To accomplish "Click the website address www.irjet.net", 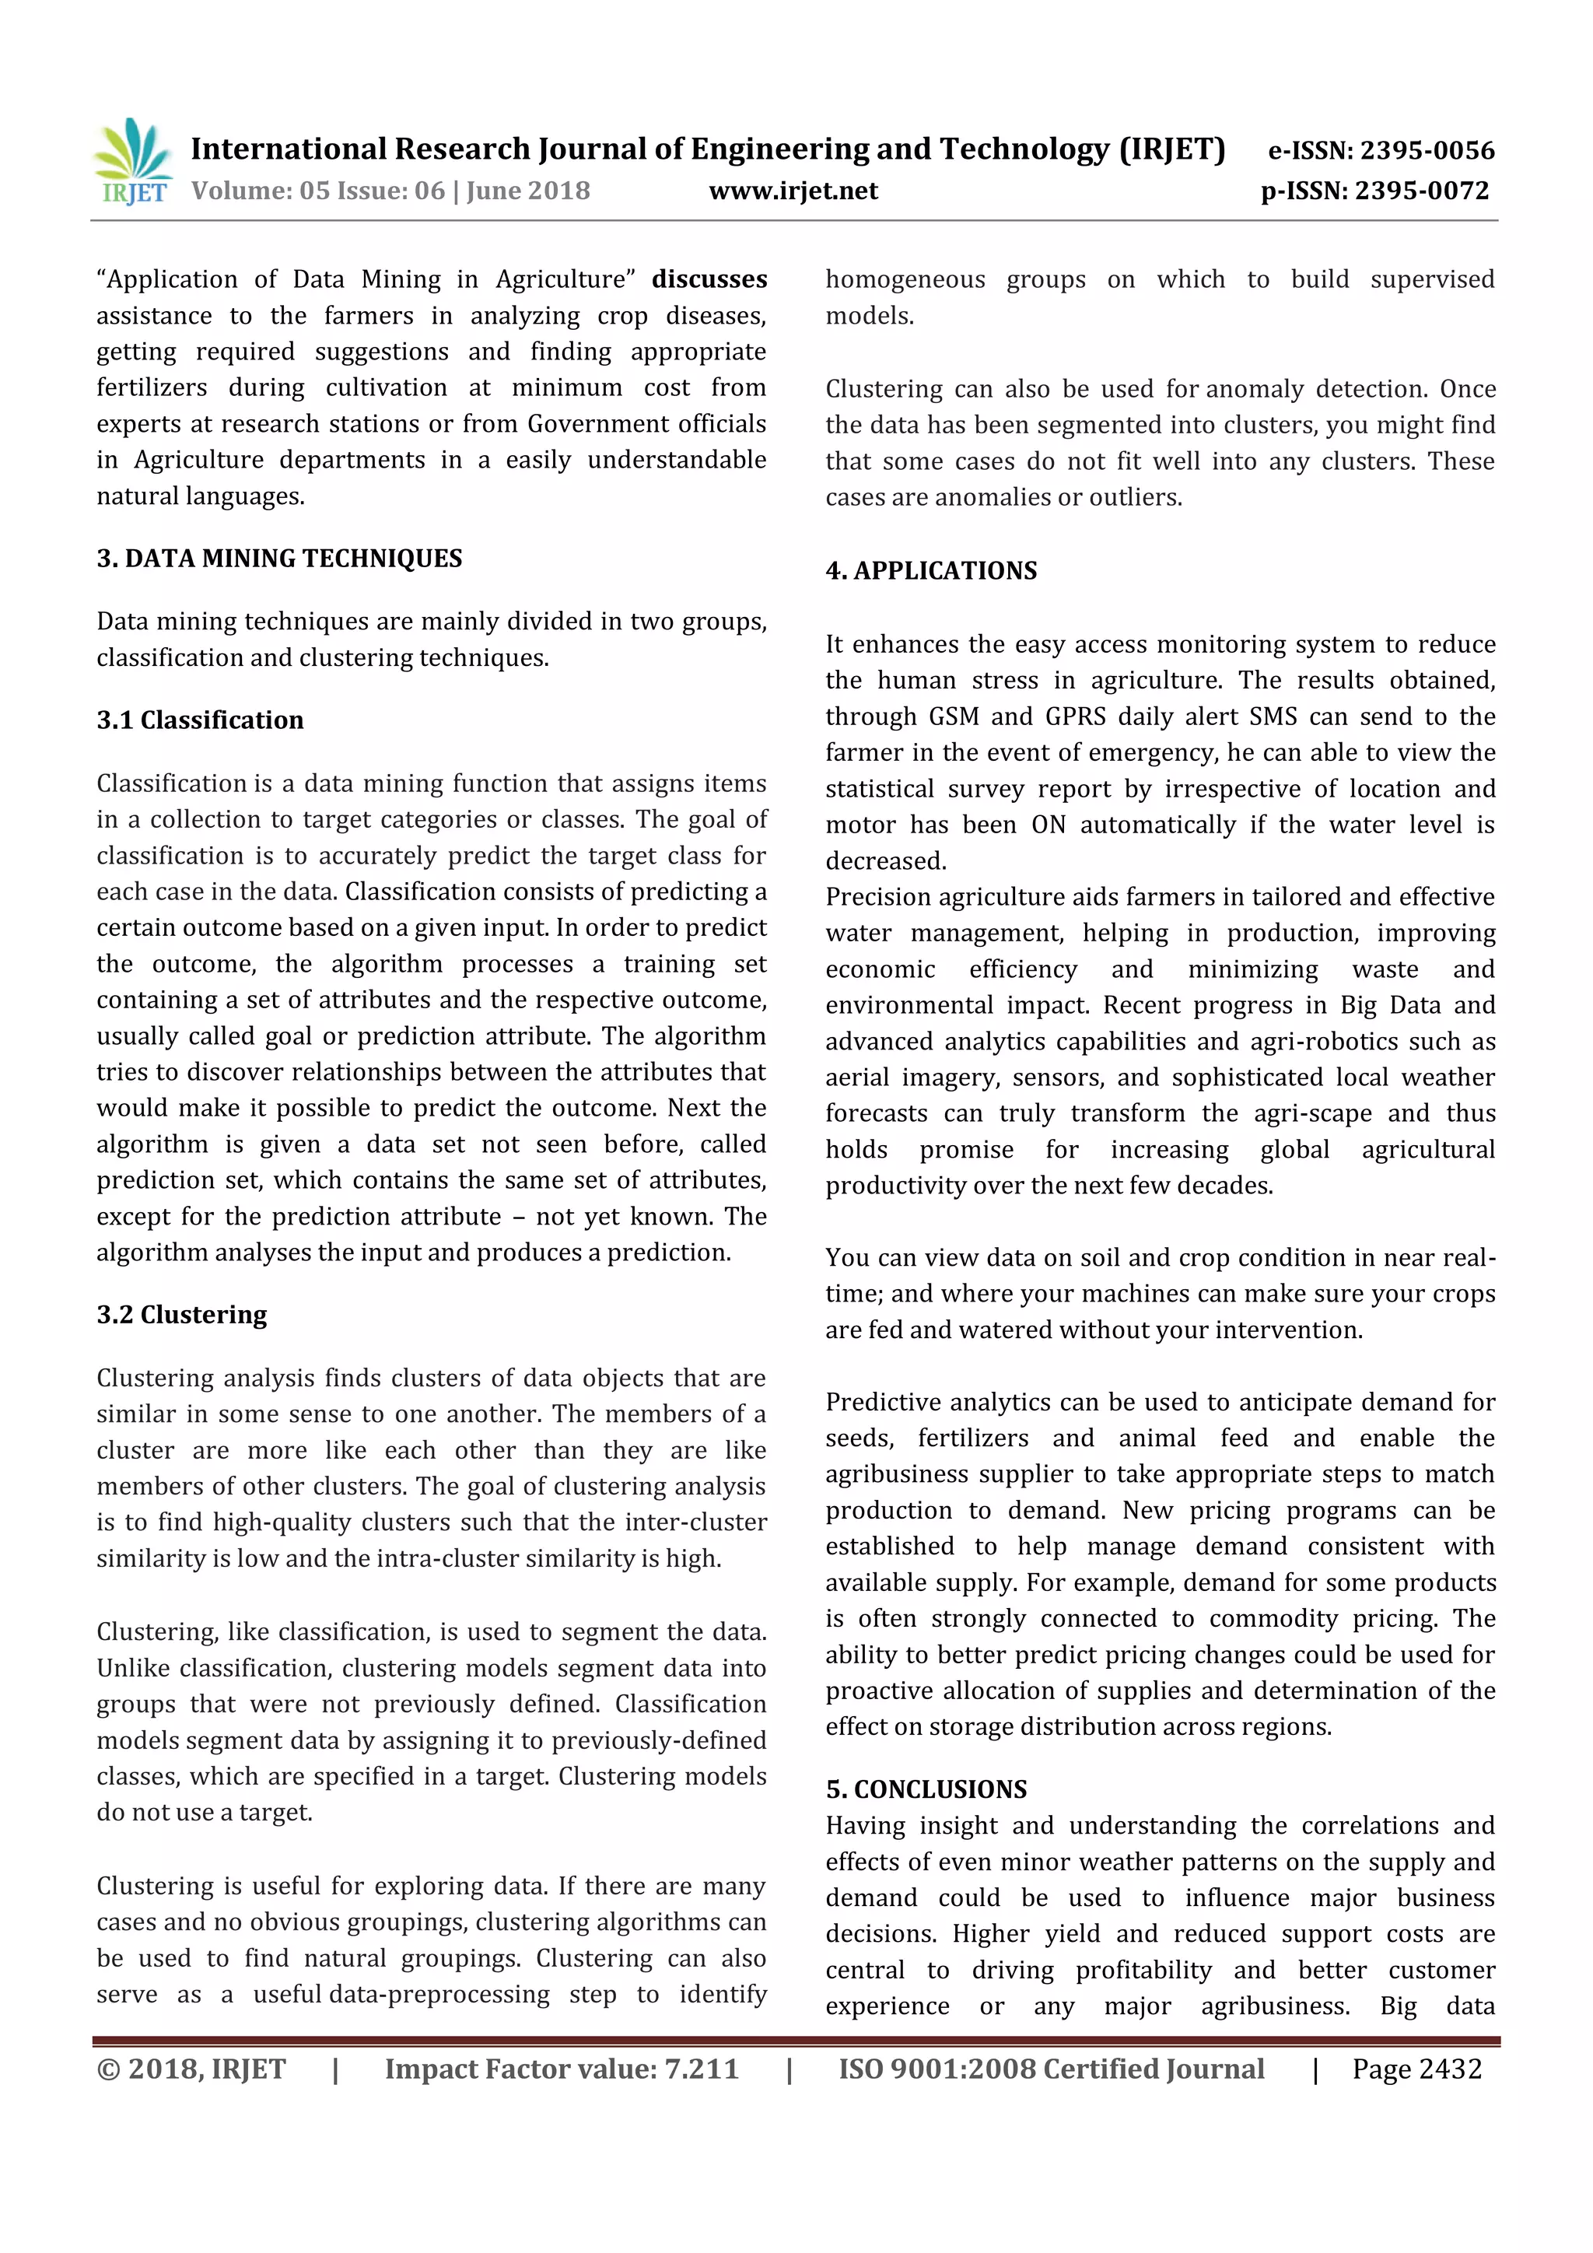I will [x=793, y=191].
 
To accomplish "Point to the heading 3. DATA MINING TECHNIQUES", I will [x=278, y=559].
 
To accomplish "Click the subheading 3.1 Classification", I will [x=200, y=720].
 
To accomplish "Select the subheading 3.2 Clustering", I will [x=181, y=1315].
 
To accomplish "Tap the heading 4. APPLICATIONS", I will [x=931, y=571].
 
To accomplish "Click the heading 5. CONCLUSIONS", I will [x=926, y=1789].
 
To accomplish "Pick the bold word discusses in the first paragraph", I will [x=709, y=279].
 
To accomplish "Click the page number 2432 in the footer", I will [x=1450, y=2069].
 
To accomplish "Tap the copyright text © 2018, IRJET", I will [x=191, y=2069].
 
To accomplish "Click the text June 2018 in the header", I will [x=527, y=191].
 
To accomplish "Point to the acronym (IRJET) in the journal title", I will [x=1172, y=149].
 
